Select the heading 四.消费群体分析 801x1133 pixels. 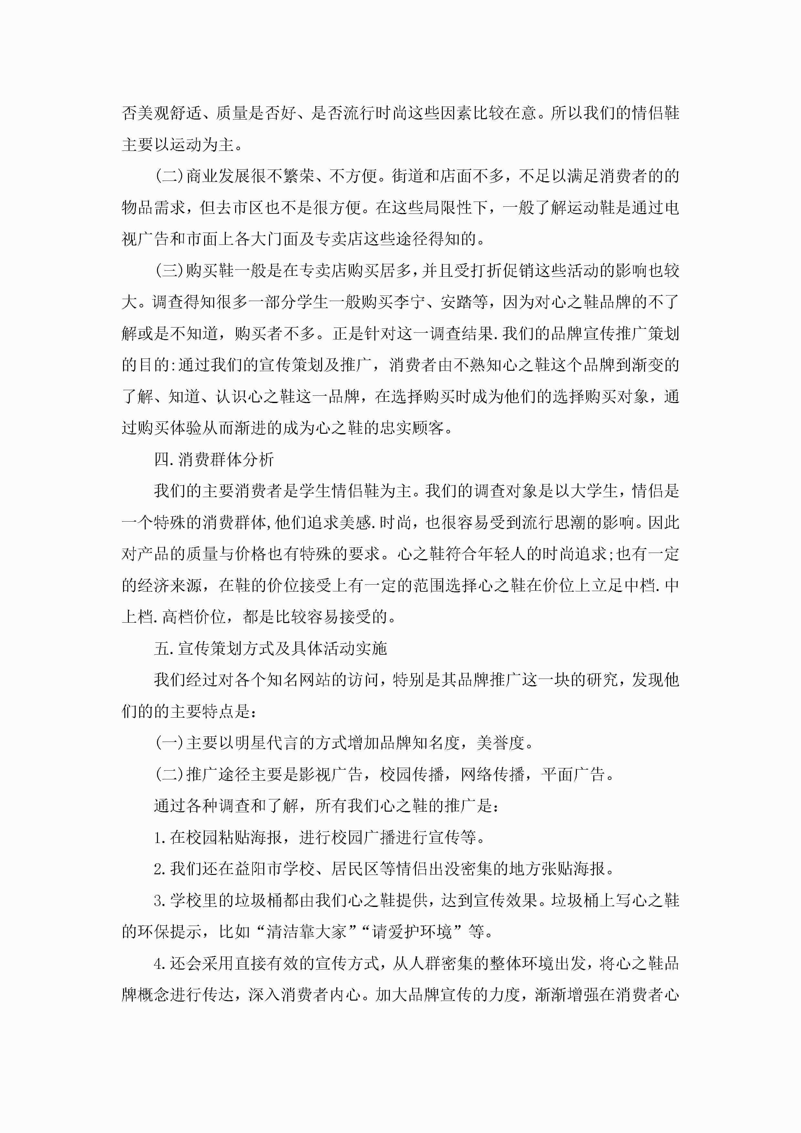click(214, 459)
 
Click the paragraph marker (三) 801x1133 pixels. click(169, 270)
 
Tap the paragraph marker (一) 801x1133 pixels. click(169, 743)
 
